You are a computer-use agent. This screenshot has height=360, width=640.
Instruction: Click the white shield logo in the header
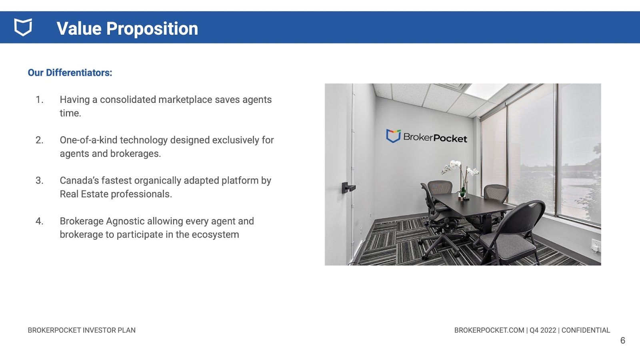point(23,28)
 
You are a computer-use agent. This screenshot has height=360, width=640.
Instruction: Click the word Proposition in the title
point(152,29)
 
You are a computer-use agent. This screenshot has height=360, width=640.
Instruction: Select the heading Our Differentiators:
point(70,72)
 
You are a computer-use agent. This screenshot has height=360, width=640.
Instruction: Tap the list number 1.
point(40,100)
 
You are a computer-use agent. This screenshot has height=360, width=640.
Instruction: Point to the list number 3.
point(40,180)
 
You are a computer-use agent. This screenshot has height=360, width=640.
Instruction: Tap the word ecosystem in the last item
point(215,234)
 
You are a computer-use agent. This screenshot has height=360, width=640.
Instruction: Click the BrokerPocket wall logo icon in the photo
point(393,136)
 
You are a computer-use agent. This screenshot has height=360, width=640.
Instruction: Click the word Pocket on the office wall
point(450,138)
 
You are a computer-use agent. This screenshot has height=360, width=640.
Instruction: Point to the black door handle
point(348,188)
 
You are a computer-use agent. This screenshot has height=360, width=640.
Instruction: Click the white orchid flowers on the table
point(458,168)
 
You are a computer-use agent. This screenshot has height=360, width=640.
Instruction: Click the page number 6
point(622,340)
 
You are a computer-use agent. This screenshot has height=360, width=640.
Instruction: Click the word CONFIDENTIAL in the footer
point(586,330)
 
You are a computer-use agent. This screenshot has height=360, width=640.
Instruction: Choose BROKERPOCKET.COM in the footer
point(489,330)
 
